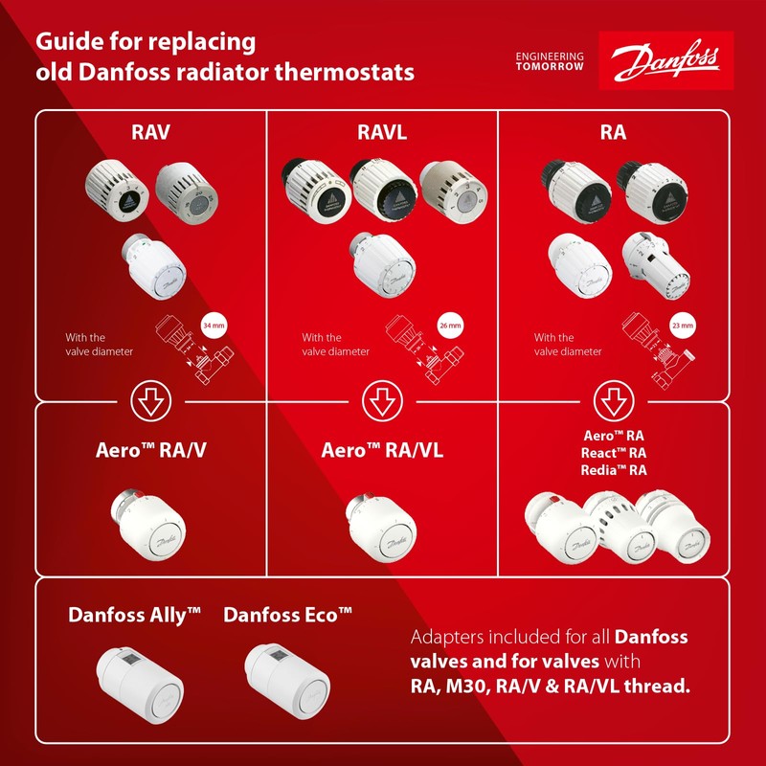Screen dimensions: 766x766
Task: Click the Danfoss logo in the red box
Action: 665,62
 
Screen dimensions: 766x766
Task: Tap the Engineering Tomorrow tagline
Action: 549,62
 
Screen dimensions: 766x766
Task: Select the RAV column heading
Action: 149,133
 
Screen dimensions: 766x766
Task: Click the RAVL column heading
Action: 382,133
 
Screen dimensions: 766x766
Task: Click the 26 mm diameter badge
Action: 449,327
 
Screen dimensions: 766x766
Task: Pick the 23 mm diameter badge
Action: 682,327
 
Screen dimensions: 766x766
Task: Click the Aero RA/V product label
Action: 149,450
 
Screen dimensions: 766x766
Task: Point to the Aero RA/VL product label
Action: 382,450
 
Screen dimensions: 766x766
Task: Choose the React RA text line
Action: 614,452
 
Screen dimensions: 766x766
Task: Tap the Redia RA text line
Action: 614,470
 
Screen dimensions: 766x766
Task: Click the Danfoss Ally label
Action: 134,615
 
